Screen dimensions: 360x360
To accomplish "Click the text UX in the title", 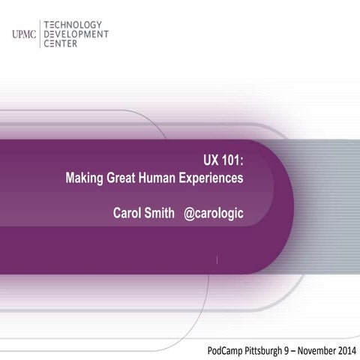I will pos(211,163).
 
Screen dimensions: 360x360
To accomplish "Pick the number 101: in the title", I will pos(234,163).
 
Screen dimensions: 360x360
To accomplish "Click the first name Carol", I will pos(127,214).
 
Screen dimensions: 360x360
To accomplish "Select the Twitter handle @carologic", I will pos(214,214).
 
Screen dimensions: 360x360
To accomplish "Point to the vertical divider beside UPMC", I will pos(39,34).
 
